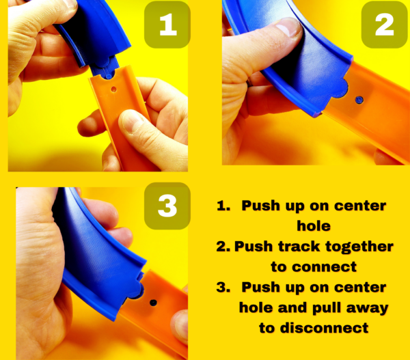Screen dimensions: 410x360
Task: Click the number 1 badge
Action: coord(167,25)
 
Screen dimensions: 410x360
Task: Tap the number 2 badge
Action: coord(384,25)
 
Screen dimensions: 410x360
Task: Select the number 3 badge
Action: coord(167,206)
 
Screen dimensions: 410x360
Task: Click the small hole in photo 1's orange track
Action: coord(113,89)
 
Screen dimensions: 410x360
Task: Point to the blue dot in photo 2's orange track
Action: coord(359,100)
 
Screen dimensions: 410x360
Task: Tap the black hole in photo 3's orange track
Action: coord(153,303)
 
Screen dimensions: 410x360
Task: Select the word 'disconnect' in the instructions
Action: coord(324,328)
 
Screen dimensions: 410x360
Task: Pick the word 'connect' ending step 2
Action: coord(324,267)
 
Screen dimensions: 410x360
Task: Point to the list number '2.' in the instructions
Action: coord(223,247)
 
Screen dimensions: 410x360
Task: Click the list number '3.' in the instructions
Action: coord(223,288)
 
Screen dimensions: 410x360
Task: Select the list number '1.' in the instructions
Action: coord(223,206)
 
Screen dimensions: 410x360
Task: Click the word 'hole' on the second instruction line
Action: coord(314,226)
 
